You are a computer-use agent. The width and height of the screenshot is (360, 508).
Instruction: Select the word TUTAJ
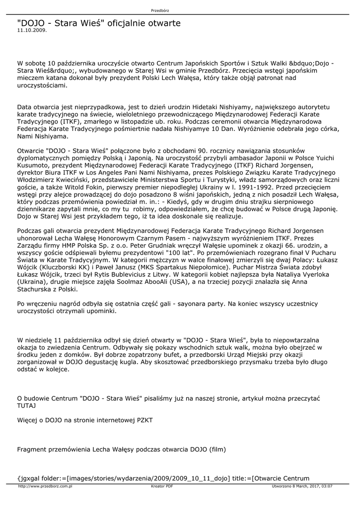pyautogui.click(x=27, y=405)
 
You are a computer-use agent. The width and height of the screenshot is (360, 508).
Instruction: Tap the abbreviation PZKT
pyautogui.click(x=144, y=420)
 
